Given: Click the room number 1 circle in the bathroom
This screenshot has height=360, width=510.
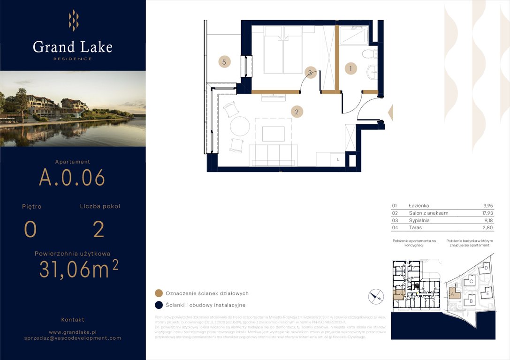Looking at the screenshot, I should [350, 68].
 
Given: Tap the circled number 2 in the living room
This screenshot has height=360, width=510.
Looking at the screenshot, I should [297, 112].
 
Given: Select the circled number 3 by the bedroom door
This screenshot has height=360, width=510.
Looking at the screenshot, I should [310, 72].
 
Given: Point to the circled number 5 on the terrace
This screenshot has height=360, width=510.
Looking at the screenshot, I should [224, 61].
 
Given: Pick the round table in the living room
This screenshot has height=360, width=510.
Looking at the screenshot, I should [240, 126].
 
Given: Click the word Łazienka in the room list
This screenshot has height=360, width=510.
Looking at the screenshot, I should [419, 206].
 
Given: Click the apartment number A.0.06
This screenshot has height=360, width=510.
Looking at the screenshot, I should [72, 177].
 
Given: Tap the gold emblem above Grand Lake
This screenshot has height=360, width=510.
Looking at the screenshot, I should [73, 20].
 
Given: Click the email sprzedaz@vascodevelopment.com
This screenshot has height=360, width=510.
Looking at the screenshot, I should [73, 337].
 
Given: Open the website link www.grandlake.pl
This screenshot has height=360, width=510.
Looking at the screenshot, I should [73, 331].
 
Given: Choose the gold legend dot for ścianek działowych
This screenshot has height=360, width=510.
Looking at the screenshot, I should [159, 293].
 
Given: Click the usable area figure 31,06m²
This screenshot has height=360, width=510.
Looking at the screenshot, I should [78, 270].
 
